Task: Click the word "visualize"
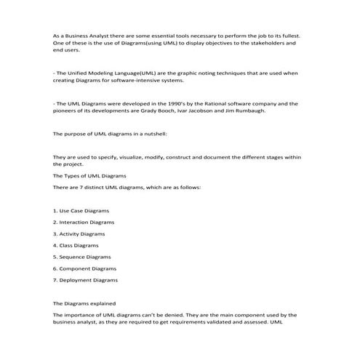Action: coord(129,157)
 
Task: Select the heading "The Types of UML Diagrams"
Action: coord(90,176)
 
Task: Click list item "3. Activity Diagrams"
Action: coord(79,233)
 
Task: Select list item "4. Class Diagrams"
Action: coord(76,245)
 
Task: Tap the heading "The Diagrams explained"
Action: coord(84,303)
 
